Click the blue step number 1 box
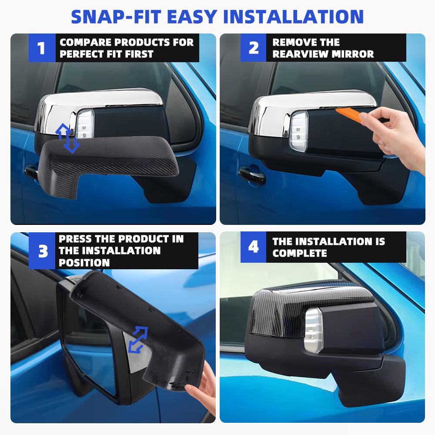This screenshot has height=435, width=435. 41,48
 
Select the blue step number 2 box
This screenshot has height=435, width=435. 253,48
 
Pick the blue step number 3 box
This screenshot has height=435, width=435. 43,251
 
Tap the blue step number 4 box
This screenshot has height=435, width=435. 253,247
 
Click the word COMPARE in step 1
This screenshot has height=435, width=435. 83,43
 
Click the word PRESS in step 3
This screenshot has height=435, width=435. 75,239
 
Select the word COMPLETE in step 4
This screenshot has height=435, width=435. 300,253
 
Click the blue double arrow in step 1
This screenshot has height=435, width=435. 67,138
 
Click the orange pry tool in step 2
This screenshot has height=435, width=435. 351,114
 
